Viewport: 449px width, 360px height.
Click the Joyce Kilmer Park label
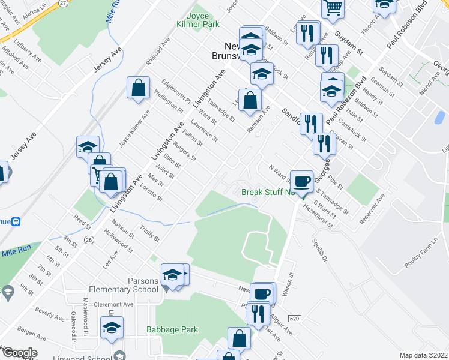tap(194, 20)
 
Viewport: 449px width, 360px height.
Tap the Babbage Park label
tap(172, 329)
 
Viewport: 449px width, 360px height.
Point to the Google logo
tap(19, 353)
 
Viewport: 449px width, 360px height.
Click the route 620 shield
tap(294, 317)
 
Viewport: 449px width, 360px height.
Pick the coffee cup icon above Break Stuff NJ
tap(302, 180)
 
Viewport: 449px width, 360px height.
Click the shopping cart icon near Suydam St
tap(333, 8)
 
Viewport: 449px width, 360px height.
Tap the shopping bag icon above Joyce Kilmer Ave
tap(139, 88)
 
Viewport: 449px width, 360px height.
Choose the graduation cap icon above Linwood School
tap(112, 328)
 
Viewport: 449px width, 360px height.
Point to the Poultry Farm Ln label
tap(423, 232)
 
